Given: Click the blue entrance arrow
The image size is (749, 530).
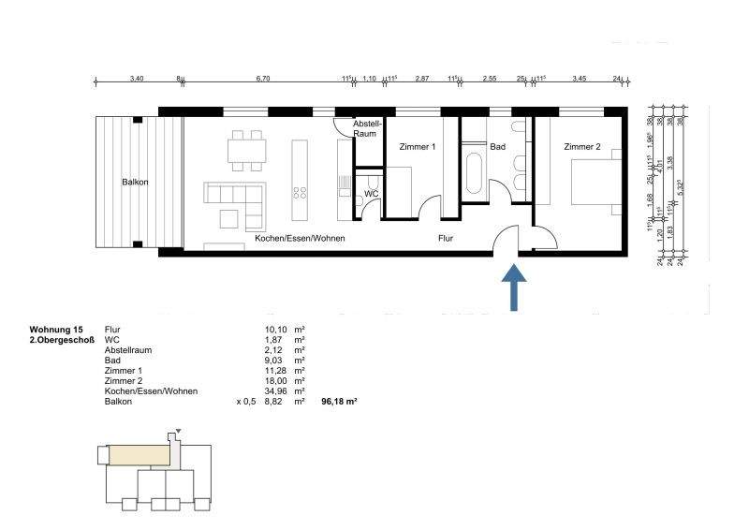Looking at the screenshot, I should tap(514, 287).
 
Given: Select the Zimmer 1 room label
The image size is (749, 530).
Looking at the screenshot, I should tap(417, 147).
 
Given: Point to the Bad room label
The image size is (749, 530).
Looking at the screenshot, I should tap(498, 147).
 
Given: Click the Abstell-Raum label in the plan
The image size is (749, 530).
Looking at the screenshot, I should tap(365, 128).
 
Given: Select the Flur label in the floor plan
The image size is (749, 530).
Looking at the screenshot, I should tap(446, 239).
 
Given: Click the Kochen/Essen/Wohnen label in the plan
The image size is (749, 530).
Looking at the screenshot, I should tap(300, 239).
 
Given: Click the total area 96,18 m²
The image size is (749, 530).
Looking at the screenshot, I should tap(338, 401).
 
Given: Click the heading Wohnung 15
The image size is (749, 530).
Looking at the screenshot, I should tap(56, 330).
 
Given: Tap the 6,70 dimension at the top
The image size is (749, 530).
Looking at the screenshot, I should tap(262, 80).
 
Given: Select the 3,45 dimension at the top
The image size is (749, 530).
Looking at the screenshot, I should tap(578, 80).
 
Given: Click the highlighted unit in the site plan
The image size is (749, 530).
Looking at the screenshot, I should tap(140, 455).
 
